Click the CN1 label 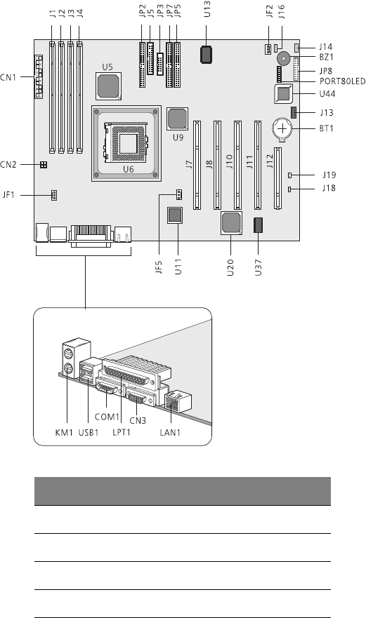8,77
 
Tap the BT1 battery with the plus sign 282,128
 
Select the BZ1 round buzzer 283,59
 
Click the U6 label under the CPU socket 129,170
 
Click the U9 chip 177,119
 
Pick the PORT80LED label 342,81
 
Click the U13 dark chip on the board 207,55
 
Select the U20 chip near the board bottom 231,224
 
